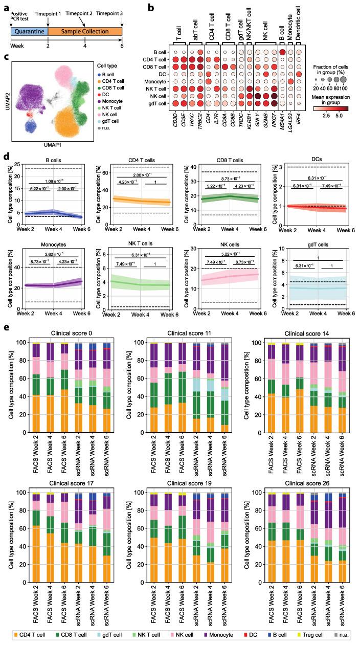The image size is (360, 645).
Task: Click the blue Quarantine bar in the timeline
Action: [29, 32]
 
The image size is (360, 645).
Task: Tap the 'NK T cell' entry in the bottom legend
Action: [146, 636]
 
